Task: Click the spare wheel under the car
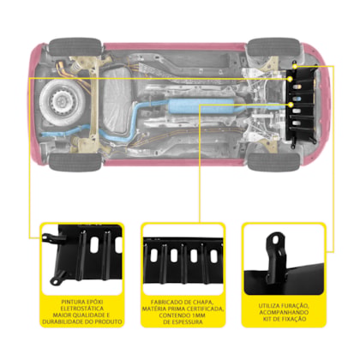tap(63, 103)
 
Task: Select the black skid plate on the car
tap(302, 105)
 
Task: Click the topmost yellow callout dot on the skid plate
tap(295, 67)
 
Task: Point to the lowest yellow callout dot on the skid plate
tap(291, 105)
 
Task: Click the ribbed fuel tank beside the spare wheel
tap(117, 102)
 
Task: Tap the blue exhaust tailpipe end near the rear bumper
tap(45, 134)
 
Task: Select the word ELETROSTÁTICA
tap(82, 309)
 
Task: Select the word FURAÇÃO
tap(294, 306)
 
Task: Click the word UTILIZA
tap(269, 306)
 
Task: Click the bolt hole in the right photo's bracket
tap(275, 240)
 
